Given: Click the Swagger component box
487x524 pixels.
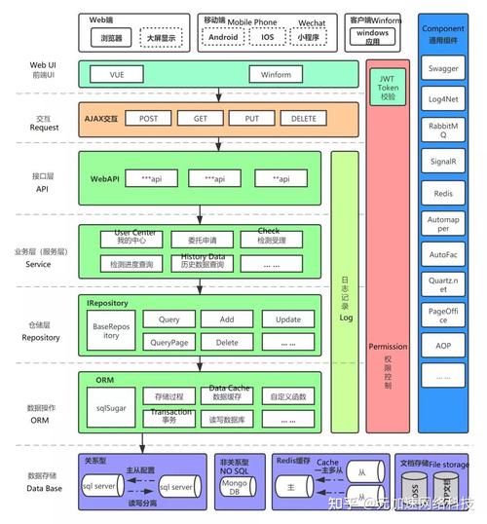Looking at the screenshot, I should (444, 69).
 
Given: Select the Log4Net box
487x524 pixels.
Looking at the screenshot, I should (444, 98).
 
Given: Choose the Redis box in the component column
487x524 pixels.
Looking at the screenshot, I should (444, 195).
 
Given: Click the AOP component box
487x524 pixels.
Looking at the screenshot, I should (444, 346).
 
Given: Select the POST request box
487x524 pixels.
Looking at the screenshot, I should (148, 118).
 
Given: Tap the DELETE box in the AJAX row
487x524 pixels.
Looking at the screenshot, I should (305, 118).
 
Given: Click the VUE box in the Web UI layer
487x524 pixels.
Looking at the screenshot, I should (118, 74).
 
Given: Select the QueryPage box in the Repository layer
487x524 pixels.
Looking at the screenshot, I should (169, 342).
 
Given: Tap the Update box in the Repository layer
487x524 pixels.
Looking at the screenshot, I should (287, 319).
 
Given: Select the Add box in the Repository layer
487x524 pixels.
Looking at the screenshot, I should (227, 319).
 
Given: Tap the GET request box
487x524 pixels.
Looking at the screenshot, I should (201, 118).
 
